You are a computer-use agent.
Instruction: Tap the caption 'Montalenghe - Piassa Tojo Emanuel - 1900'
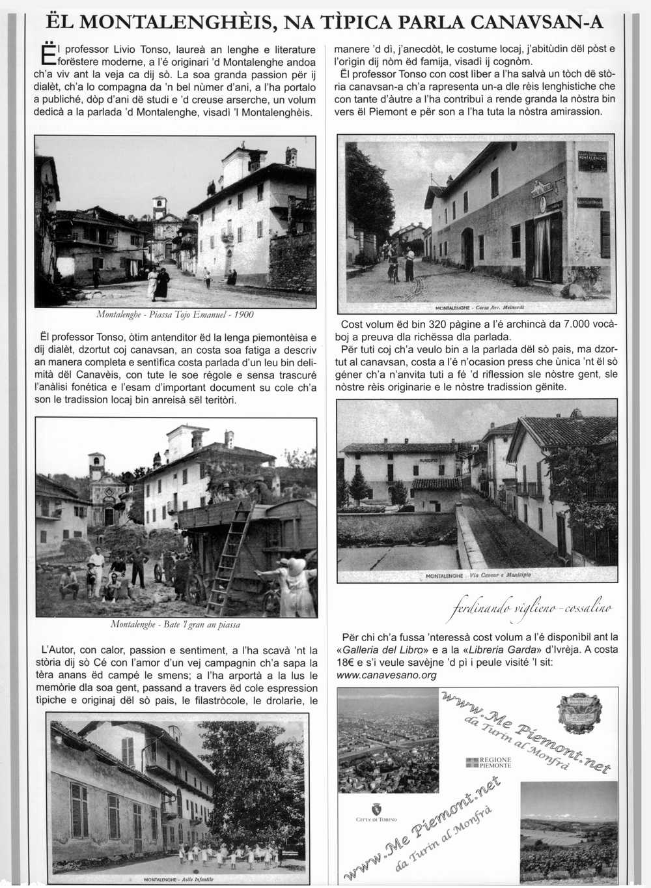(x=175, y=315)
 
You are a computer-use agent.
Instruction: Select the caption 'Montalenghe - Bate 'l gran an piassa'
(x=175, y=624)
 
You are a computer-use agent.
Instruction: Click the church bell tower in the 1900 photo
(x=159, y=208)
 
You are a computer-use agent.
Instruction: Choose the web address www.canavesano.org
(x=387, y=675)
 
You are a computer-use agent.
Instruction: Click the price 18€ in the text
(x=347, y=663)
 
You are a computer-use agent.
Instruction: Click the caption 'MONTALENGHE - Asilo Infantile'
(x=178, y=879)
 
